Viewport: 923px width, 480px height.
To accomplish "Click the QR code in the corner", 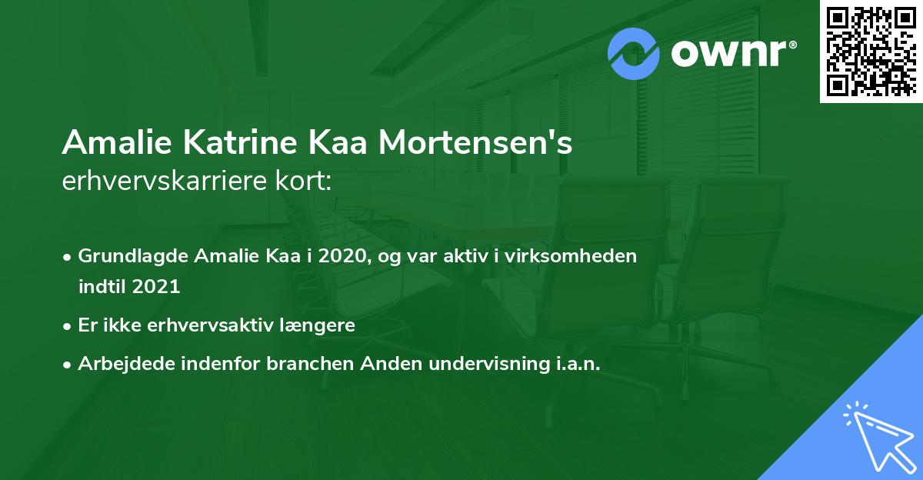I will click(871, 52).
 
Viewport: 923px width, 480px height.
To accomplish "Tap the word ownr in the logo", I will click(733, 53).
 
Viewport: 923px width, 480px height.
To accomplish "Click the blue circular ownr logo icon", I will click(633, 53).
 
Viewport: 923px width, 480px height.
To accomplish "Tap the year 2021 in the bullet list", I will click(156, 287).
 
